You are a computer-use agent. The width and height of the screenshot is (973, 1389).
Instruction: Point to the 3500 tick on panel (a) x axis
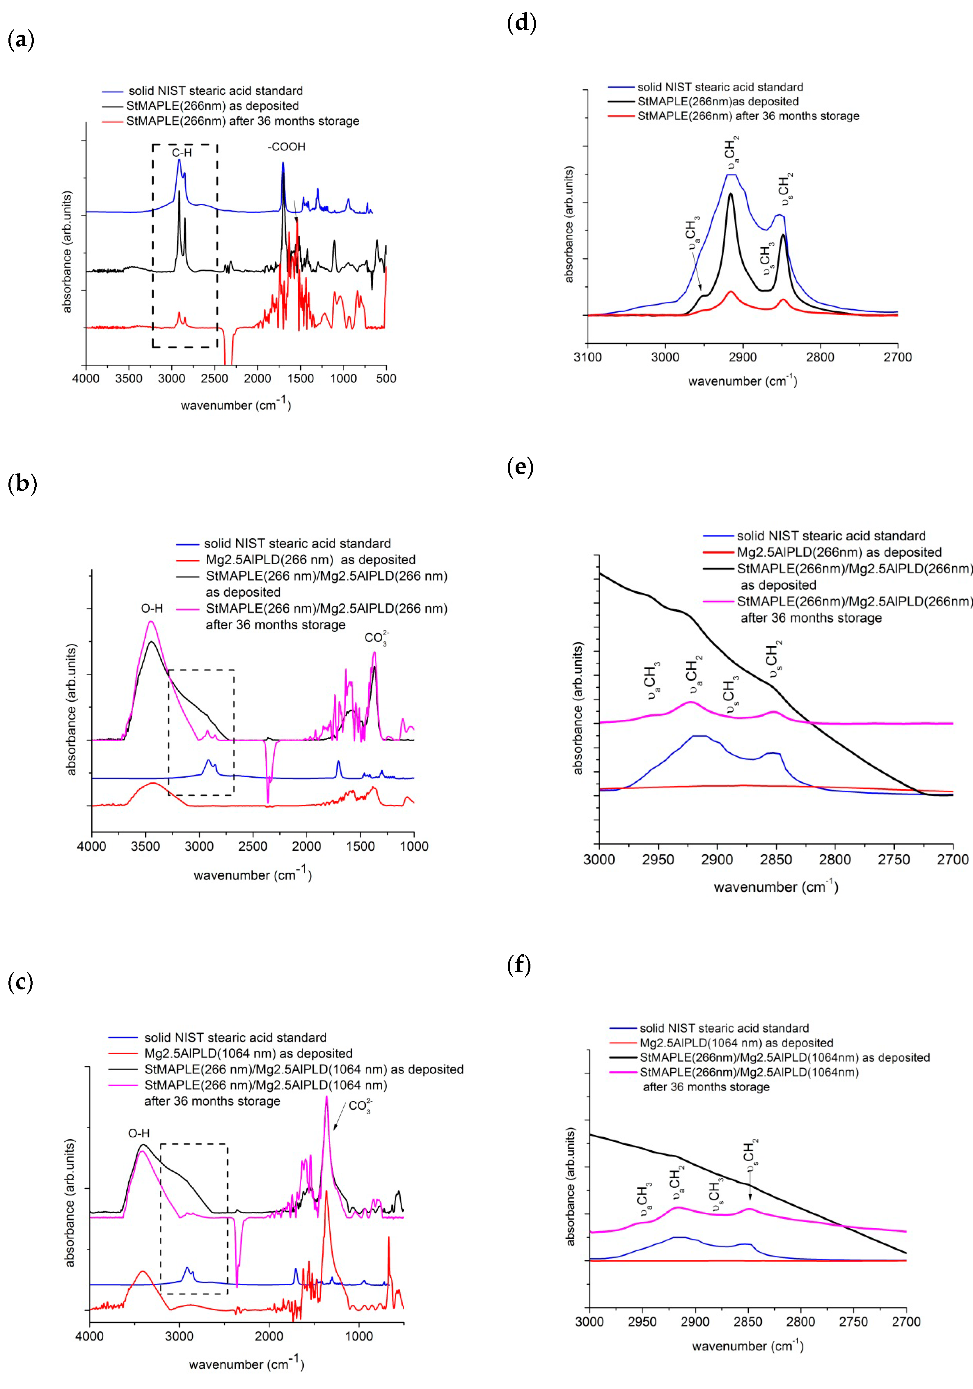(129, 379)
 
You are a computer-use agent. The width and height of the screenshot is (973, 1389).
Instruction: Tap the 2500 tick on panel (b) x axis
(253, 846)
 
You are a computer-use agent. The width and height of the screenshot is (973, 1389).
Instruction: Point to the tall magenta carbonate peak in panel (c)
(326, 1098)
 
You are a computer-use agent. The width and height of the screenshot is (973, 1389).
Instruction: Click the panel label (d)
(521, 23)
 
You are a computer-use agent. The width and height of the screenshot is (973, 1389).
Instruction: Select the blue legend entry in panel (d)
(720, 87)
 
